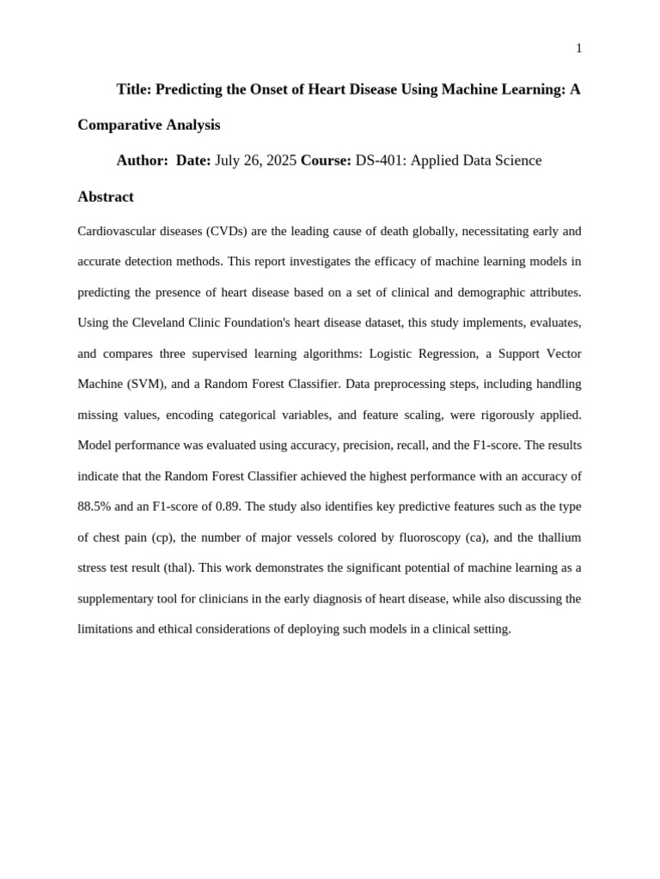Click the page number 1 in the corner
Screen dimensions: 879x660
[579, 49]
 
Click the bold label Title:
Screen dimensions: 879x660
[134, 89]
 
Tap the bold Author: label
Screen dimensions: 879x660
[143, 161]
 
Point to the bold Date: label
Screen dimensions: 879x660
[193, 161]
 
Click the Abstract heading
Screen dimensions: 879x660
[106, 197]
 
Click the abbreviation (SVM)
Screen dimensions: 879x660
[145, 384]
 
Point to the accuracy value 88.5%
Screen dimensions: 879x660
[95, 506]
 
